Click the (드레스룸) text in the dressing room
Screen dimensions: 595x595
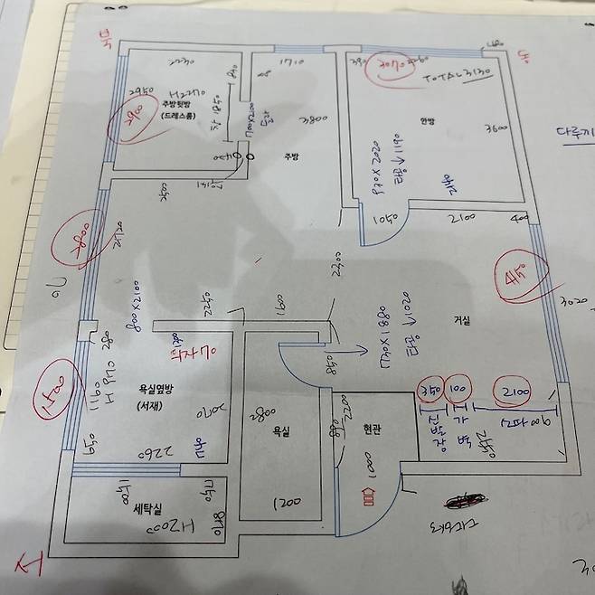click(x=184, y=118)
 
